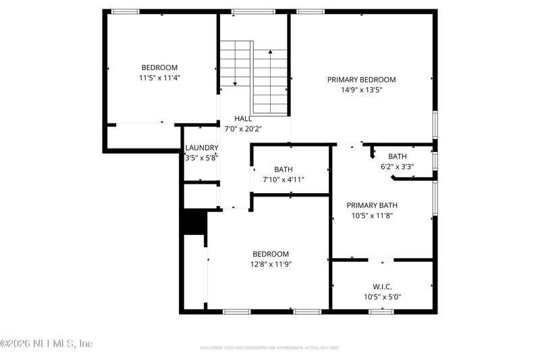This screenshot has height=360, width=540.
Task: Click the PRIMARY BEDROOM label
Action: click(361, 80)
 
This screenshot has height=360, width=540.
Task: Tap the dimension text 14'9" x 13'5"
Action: click(361, 90)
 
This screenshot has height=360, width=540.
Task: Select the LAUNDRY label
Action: click(201, 148)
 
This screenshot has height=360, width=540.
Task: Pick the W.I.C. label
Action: click(382, 287)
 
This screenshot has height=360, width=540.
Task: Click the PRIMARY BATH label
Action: click(372, 205)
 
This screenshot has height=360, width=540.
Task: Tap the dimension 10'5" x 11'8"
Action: click(372, 215)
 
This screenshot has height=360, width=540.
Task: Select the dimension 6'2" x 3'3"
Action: click(398, 166)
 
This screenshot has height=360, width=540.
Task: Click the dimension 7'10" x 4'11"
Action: click(283, 180)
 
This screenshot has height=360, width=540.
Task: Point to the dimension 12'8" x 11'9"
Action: click(271, 264)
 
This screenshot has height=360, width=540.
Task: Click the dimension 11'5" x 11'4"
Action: click(159, 78)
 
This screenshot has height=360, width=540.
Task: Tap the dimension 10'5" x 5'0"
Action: click(382, 297)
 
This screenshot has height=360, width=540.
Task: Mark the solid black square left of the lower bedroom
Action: click(194, 222)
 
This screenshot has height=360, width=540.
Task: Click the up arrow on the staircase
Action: click(271, 54)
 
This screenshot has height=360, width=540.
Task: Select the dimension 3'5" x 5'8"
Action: click(201, 157)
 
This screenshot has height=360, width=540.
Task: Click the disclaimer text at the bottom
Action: click(269, 347)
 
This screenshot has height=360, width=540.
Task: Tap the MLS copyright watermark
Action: click(46, 343)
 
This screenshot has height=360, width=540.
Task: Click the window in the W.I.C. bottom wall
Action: click(381, 311)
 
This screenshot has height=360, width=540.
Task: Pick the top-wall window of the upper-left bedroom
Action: click(125, 11)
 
